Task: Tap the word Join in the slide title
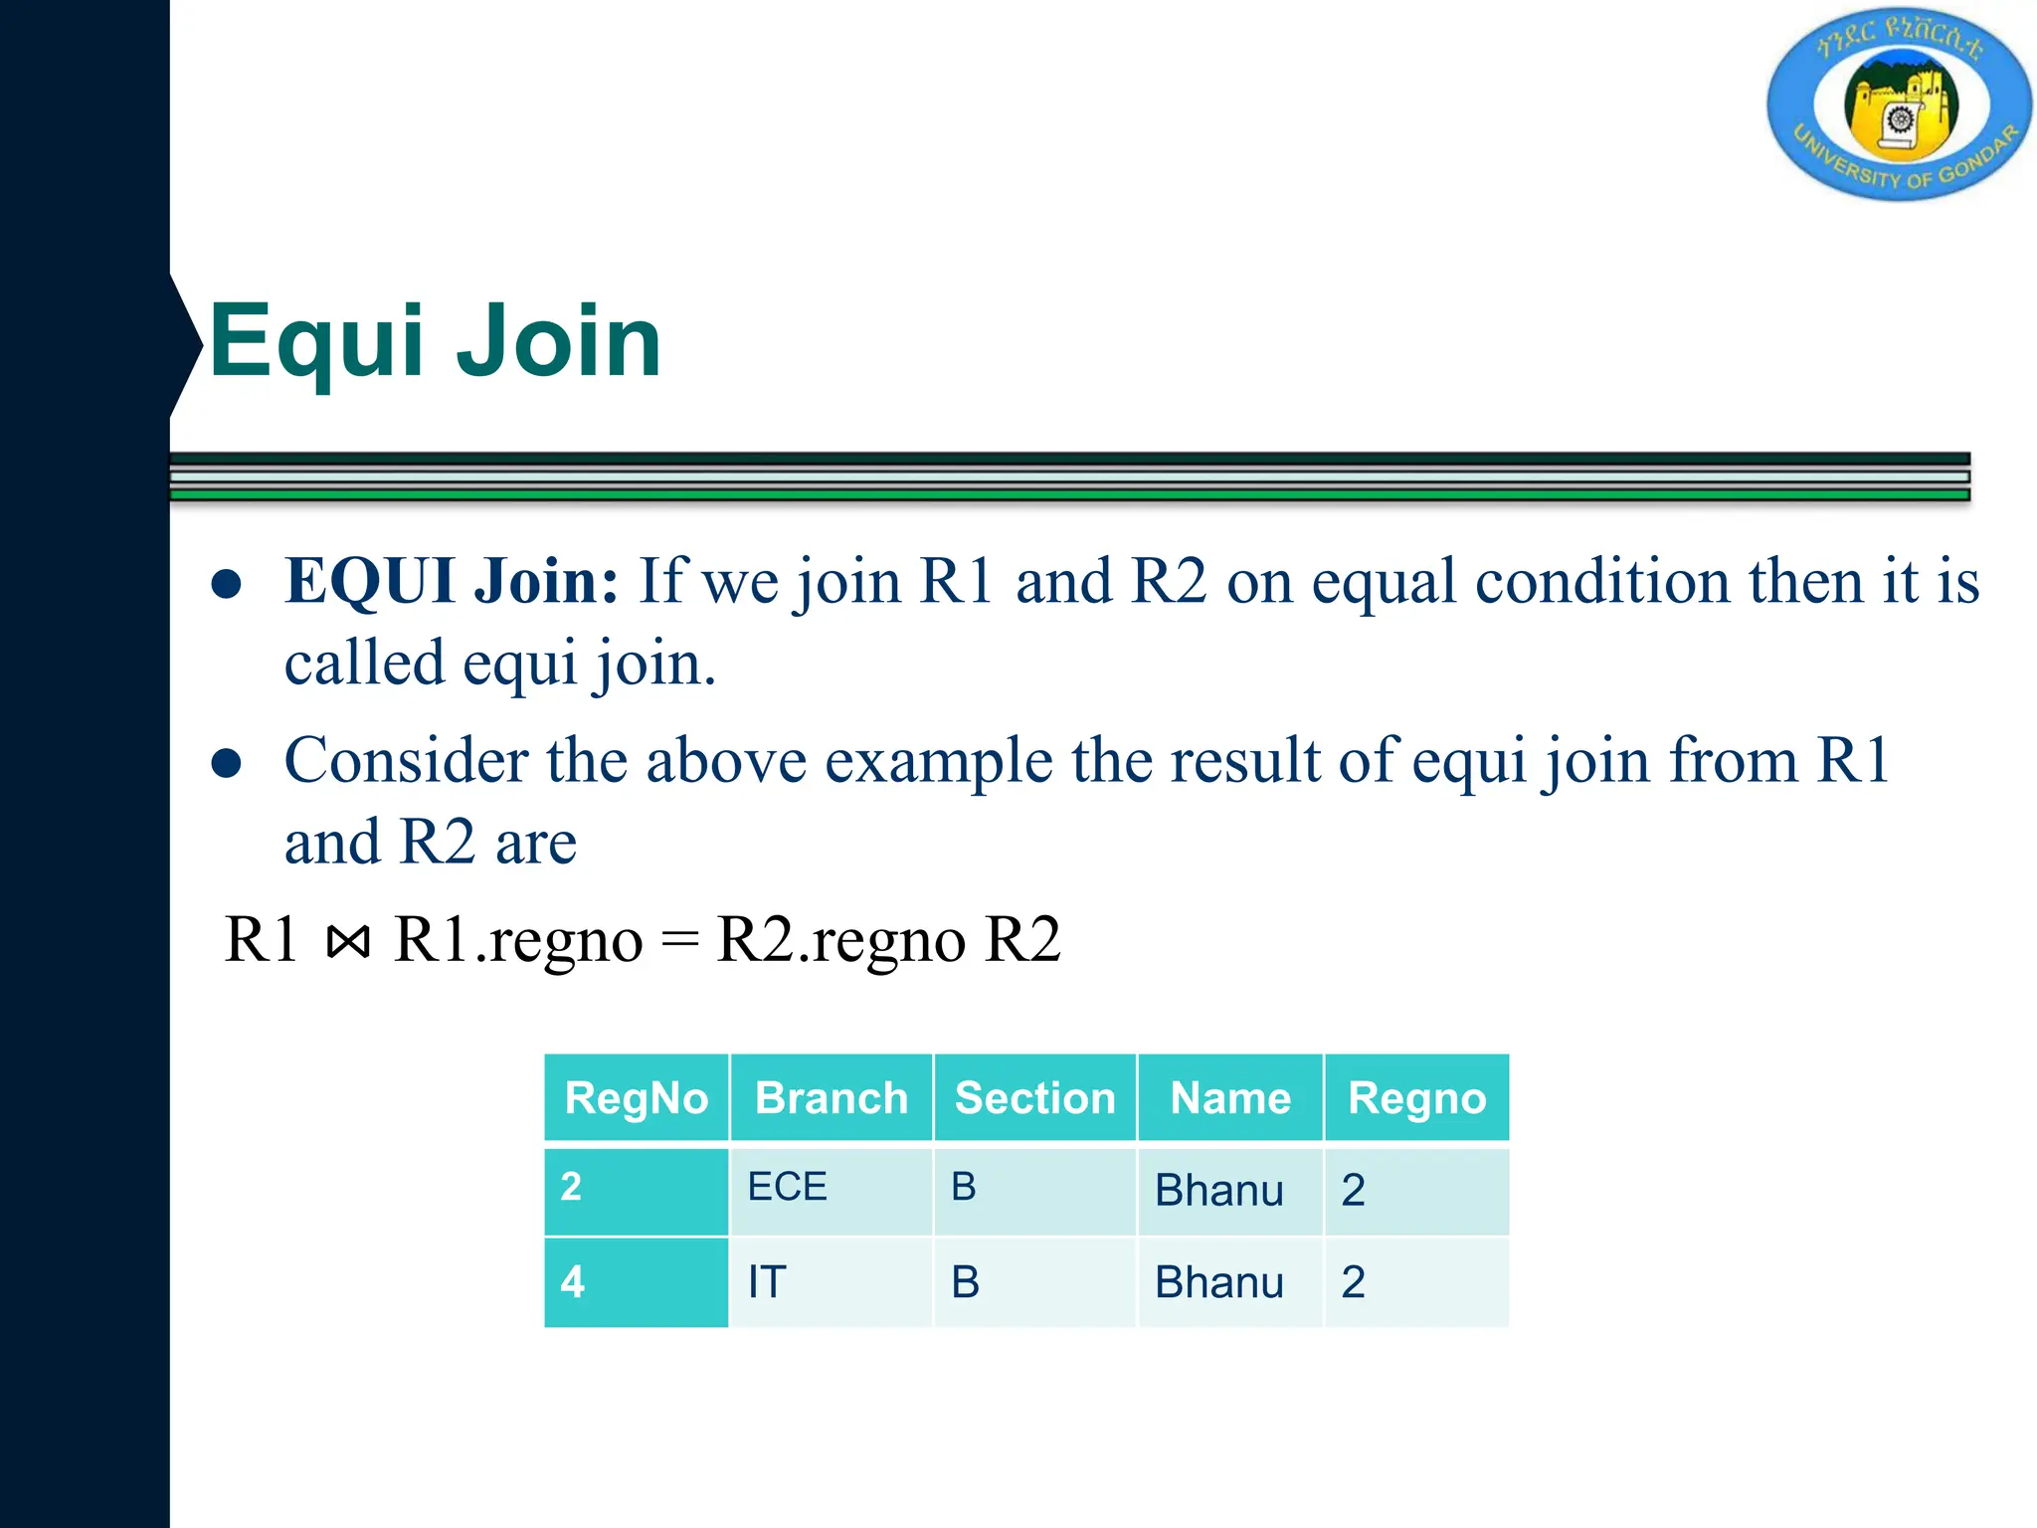(x=558, y=341)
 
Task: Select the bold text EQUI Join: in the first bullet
(x=452, y=581)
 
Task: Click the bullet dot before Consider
(x=227, y=763)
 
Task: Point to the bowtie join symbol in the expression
(x=348, y=940)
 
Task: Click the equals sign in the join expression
(x=679, y=941)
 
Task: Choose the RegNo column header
(x=637, y=1098)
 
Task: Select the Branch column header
(x=832, y=1098)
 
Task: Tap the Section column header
(x=1034, y=1098)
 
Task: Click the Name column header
(x=1230, y=1098)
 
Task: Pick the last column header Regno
(x=1417, y=1098)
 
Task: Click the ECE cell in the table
(x=787, y=1187)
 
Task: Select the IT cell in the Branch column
(x=767, y=1282)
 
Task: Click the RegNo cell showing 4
(x=572, y=1282)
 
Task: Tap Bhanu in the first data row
(x=1219, y=1191)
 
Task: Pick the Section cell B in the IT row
(x=965, y=1282)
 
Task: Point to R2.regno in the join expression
(x=840, y=940)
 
